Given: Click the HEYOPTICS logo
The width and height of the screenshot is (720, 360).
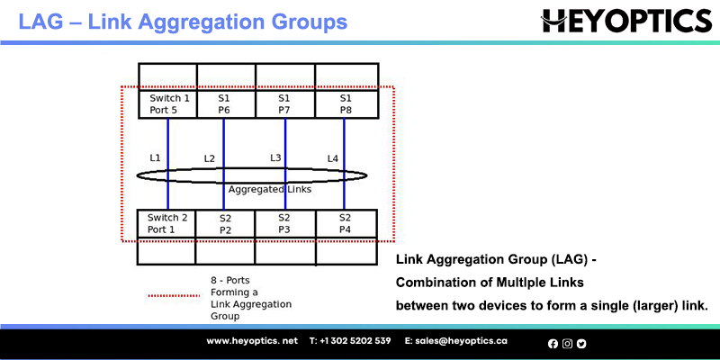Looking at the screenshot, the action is point(625,21).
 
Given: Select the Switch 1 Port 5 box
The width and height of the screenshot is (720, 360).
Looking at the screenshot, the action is point(167,104).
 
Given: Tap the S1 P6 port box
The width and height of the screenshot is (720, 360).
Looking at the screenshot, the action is point(227,104).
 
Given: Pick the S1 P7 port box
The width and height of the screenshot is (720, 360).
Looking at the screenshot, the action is point(285,104).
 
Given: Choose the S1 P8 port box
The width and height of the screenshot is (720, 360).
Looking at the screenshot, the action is point(346,104).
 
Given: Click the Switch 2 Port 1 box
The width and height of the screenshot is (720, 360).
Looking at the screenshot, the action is point(166,223).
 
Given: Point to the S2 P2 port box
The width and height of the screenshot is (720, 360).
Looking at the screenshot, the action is point(225,223).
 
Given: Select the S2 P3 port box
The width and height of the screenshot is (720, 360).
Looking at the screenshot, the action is point(285,223).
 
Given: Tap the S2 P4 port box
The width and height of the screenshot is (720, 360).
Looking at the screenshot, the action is point(346,223).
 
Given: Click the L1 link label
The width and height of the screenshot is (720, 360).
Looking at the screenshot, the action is point(155,157).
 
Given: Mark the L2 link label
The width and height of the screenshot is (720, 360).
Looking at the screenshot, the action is point(210,159).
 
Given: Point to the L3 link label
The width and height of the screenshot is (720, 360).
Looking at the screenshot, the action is point(275,158).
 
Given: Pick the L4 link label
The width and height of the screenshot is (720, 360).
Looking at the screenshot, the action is point(333,159).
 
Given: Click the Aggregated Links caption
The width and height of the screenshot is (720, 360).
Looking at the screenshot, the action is point(270,189).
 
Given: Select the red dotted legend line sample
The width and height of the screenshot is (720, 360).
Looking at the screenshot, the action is point(173,296).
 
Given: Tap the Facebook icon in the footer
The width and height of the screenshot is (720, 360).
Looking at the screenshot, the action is point(553,344).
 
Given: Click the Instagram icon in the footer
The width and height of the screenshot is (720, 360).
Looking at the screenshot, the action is point(568,344).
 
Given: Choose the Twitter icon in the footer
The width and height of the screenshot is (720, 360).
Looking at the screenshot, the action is point(581,344).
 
